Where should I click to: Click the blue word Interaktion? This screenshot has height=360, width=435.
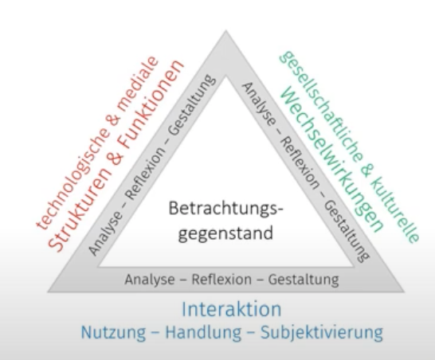coord(231,309)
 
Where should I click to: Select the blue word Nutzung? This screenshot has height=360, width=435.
coord(113,332)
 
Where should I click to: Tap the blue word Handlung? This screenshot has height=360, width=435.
coord(203,331)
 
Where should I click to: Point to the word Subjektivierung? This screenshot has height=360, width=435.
coord(322,332)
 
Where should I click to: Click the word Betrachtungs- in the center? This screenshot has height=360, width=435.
coord(225,209)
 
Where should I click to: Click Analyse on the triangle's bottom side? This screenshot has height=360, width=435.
coord(149,280)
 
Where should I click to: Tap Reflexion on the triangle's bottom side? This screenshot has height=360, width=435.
coord(221,279)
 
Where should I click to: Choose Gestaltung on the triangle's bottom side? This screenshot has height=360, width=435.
coord(304,280)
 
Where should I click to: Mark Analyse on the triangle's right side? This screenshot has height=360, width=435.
coord(259,104)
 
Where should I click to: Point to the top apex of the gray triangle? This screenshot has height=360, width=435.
coord(225,30)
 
